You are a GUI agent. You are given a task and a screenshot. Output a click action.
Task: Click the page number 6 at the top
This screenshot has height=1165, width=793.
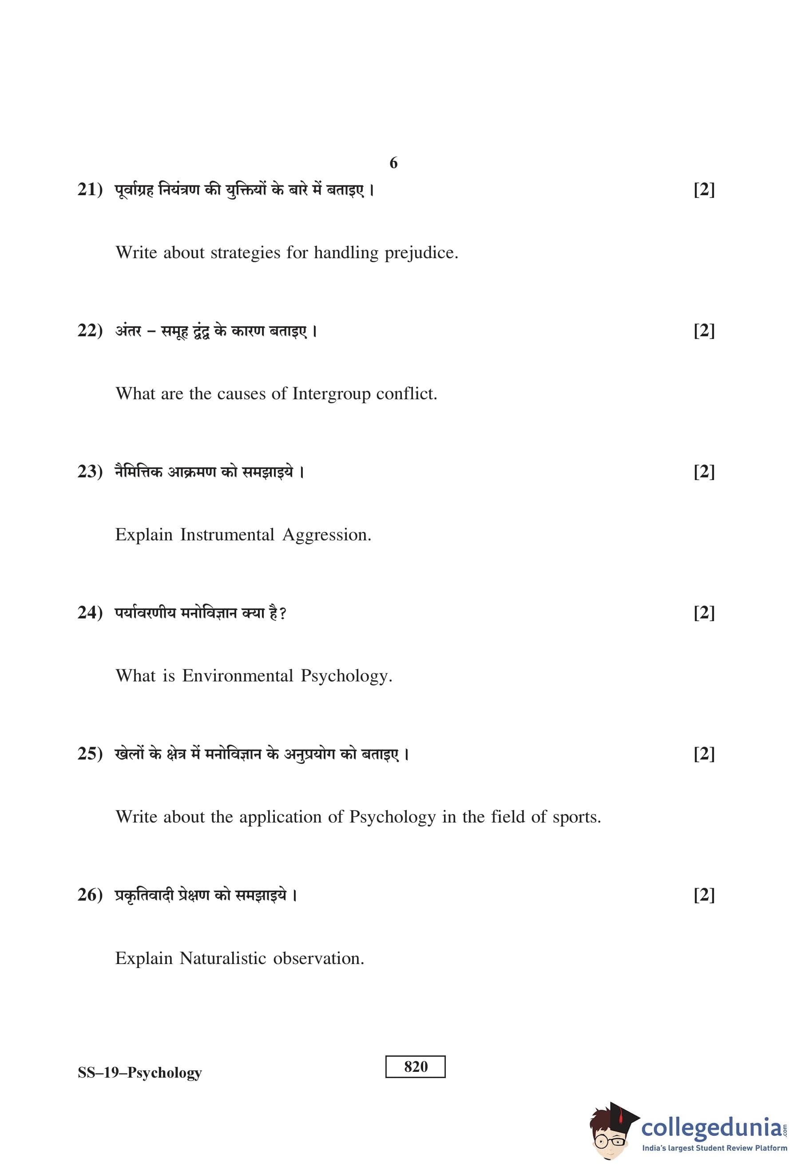(393, 163)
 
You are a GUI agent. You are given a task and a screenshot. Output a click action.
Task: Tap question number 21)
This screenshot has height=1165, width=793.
(90, 190)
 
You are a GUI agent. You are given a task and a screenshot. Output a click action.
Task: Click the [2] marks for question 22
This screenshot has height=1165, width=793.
(704, 331)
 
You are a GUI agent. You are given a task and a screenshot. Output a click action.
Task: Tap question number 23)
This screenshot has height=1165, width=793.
(90, 472)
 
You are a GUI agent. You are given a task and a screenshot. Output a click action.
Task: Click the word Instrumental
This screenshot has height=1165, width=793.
(227, 535)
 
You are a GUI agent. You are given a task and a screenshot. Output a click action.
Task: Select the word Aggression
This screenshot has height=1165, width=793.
(326, 535)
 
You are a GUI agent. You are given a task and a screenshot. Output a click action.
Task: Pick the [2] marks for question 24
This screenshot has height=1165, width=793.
(704, 613)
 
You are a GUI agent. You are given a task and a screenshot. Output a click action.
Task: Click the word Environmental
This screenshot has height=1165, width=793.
(237, 676)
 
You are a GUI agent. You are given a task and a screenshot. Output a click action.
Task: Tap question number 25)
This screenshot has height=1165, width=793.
(90, 753)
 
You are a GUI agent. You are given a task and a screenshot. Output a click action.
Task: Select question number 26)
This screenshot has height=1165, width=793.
(90, 895)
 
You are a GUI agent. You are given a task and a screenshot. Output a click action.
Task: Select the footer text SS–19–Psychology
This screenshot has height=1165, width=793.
(139, 1072)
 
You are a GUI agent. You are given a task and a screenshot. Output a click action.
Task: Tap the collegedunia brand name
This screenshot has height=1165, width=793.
(711, 1128)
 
